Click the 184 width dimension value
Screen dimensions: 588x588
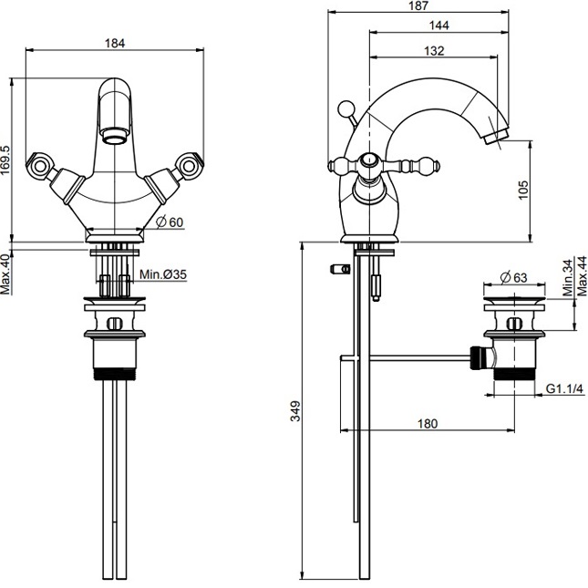(x=114, y=42)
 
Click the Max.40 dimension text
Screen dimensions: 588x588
(x=8, y=274)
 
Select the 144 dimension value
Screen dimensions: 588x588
(x=438, y=27)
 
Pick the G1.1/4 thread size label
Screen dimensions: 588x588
(x=564, y=389)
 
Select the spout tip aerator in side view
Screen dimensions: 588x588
(x=500, y=139)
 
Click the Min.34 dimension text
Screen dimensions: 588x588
(x=567, y=277)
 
